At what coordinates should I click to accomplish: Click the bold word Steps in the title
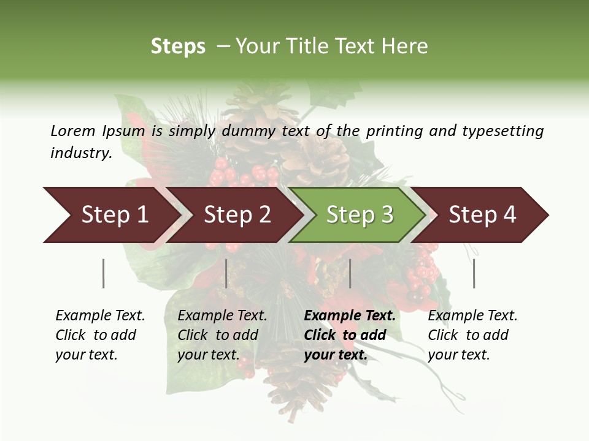click(x=178, y=47)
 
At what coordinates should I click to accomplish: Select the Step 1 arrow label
click(x=115, y=214)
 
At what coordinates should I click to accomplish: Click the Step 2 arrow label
click(x=237, y=214)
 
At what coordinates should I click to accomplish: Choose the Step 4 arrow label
click(x=482, y=214)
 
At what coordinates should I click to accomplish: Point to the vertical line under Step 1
click(x=103, y=273)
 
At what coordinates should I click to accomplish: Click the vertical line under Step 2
click(x=226, y=273)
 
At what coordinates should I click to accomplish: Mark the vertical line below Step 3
click(x=350, y=273)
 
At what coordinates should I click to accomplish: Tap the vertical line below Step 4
click(x=474, y=273)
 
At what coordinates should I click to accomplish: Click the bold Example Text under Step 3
click(x=350, y=315)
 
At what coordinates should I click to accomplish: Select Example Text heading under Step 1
click(x=100, y=315)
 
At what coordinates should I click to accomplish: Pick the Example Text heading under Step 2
click(x=222, y=315)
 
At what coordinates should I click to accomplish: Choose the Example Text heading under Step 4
click(x=472, y=315)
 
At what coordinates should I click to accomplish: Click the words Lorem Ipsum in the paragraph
click(x=98, y=130)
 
